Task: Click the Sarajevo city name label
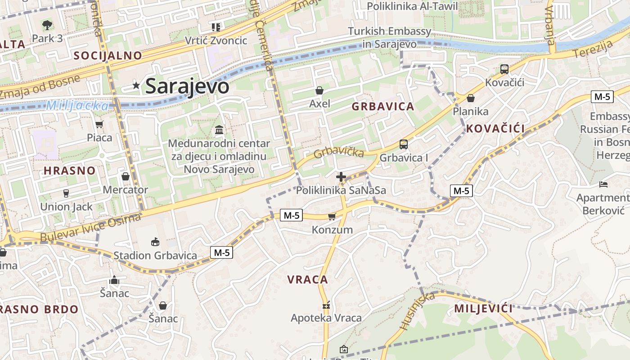coord(187,86)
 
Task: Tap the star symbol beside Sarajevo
coord(136,85)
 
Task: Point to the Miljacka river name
coord(77,106)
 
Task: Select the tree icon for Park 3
coord(47,25)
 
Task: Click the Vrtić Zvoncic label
coord(216,40)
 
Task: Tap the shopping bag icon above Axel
coord(319,91)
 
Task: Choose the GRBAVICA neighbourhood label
coord(382,107)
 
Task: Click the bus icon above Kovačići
coord(504,69)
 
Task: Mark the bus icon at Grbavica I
coord(403,144)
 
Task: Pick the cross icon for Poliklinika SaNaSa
coord(341,177)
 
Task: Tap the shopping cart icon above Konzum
coord(332,216)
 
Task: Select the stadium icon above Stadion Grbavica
coord(155,242)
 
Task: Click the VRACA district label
coord(308,279)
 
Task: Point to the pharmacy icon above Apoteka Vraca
coord(326,305)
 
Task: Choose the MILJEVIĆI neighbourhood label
coord(483,309)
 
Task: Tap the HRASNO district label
coord(70,171)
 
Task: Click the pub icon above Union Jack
coord(66,193)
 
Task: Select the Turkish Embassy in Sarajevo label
coord(390,38)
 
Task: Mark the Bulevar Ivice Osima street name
coord(90,227)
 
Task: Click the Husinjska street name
coord(417,310)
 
